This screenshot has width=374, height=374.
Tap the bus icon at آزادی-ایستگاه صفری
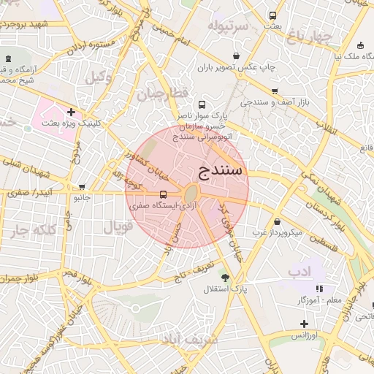click(162, 194)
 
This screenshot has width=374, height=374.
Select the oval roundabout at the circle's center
click(190, 194)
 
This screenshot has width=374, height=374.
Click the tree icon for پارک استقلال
click(224, 278)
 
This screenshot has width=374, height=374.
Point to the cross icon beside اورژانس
click(304, 324)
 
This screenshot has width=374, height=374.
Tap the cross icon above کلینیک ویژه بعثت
click(71, 112)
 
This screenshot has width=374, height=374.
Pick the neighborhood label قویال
click(118, 227)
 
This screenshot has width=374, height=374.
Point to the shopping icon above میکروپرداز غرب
click(277, 221)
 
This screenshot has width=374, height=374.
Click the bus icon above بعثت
click(272, 15)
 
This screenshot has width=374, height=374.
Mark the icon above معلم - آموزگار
click(318, 289)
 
